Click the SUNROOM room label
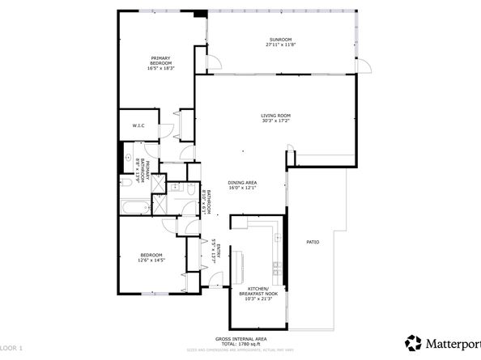(279, 40)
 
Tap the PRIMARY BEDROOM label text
(160, 59)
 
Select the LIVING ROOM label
(276, 115)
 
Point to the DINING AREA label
(242, 183)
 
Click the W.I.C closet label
(138, 125)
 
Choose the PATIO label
(312, 242)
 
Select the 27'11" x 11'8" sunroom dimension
(279, 46)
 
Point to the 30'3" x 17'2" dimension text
(276, 121)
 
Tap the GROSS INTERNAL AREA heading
(240, 338)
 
